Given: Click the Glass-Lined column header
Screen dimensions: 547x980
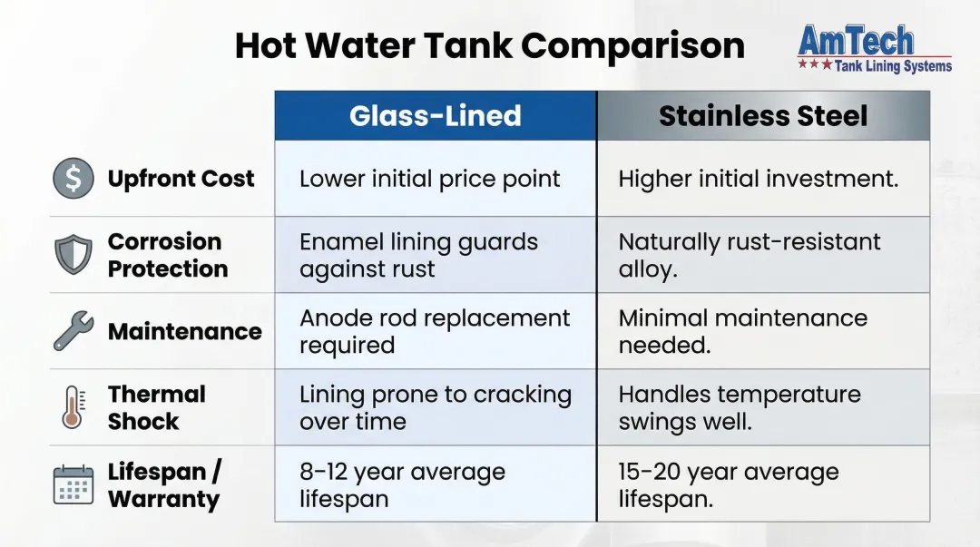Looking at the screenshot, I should point(436,116).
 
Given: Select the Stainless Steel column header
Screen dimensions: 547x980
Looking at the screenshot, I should point(763,116).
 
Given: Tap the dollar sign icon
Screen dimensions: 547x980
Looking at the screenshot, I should point(73,179).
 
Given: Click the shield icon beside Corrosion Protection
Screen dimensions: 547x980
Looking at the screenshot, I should point(73,255).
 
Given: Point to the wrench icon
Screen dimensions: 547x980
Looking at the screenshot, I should point(73,331).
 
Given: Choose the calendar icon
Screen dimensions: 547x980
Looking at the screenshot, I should point(73,484).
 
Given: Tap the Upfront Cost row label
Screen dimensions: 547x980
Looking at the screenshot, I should point(181,179).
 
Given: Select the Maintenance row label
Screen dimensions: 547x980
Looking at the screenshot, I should point(184,331).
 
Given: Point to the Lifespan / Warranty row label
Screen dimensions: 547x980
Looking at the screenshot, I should point(164,484).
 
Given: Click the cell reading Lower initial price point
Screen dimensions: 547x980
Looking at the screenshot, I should point(430,179).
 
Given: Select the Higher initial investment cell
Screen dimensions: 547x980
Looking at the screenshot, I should point(758,179).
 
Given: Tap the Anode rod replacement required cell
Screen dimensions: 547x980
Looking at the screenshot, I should point(435,331).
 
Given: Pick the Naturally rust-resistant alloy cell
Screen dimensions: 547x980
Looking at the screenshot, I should point(750,255).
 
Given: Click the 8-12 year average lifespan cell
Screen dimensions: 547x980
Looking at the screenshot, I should point(402,484).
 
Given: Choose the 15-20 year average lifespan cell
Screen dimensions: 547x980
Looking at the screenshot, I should point(729,484).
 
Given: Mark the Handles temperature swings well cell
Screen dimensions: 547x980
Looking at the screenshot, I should point(740,407).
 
